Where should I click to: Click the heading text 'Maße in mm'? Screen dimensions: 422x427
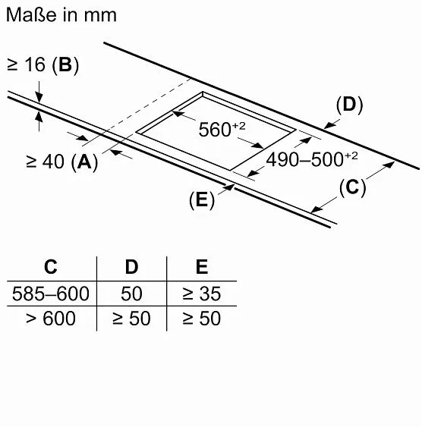[x=61, y=14]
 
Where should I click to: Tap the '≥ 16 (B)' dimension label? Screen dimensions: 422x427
[x=43, y=65]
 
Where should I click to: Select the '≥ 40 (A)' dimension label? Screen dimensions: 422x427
[x=61, y=162]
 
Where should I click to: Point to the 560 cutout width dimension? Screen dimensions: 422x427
[x=222, y=129]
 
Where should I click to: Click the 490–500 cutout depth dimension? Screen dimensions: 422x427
[x=312, y=159]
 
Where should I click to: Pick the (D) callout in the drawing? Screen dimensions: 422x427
[x=350, y=105]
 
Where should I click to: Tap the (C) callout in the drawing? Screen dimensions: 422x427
[x=352, y=187]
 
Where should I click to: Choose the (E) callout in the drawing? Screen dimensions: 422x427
[x=202, y=200]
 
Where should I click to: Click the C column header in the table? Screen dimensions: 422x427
[x=51, y=267]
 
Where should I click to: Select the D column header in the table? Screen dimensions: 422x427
[x=131, y=267]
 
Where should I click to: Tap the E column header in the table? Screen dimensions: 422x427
[x=202, y=267]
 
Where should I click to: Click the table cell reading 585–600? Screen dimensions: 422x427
[x=51, y=294]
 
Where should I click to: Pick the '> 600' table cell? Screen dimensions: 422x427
[x=51, y=318]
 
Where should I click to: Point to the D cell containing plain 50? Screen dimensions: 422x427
[x=131, y=294]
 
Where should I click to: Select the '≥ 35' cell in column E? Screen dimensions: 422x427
[x=202, y=294]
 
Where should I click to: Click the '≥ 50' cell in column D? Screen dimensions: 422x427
[x=131, y=318]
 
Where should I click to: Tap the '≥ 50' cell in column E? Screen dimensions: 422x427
[x=202, y=318]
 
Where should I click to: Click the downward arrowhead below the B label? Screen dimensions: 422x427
[x=39, y=97]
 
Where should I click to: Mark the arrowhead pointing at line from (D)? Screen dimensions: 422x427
[x=329, y=126]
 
